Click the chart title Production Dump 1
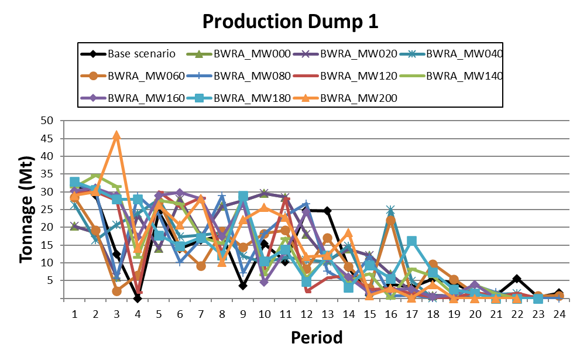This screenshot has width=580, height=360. [x=290, y=22]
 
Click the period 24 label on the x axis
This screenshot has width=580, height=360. [x=560, y=314]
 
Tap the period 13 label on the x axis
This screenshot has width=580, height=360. [x=327, y=314]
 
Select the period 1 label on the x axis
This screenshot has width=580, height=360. [x=74, y=314]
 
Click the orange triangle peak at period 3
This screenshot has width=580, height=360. [x=117, y=135]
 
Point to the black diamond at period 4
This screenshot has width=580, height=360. [x=138, y=299]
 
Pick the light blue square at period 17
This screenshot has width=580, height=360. [x=412, y=241]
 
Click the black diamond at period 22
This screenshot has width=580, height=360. [x=517, y=279]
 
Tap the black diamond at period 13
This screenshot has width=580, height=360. [x=327, y=211]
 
